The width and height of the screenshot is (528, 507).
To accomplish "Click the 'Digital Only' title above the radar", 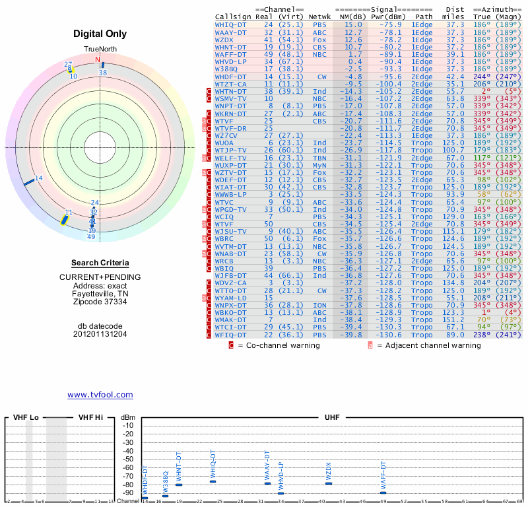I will (x=100, y=34).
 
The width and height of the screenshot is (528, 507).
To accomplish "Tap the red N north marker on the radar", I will (x=98, y=60).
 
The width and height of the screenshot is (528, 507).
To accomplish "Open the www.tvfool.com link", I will (x=100, y=395).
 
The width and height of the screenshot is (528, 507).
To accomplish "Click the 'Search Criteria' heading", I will (x=100, y=263).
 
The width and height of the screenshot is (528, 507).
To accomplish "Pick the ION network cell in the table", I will (x=320, y=305).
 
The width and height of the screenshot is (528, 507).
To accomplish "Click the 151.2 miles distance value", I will (x=453, y=320).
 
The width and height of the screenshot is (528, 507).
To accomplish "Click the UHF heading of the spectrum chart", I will (x=332, y=417).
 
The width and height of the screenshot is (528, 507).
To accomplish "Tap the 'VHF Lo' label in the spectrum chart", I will (x=26, y=417).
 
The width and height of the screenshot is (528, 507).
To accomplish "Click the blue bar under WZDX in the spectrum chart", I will (x=329, y=484).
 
